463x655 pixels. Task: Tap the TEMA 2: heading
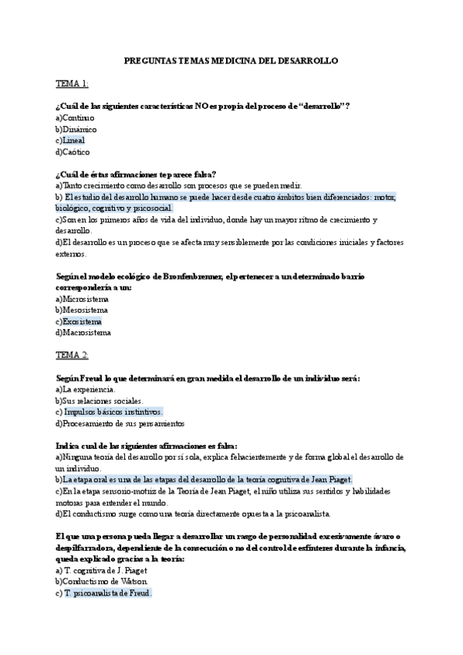click(x=72, y=355)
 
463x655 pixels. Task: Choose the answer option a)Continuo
click(x=76, y=117)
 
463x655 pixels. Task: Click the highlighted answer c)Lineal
click(x=72, y=141)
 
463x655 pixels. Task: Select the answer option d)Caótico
click(x=73, y=152)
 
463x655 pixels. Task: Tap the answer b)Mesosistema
click(x=82, y=311)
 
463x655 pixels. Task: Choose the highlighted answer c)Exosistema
click(x=79, y=321)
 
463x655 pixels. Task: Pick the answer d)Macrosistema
click(x=83, y=333)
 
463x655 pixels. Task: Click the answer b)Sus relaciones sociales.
click(x=100, y=401)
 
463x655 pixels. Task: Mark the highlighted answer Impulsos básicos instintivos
click(x=113, y=412)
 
